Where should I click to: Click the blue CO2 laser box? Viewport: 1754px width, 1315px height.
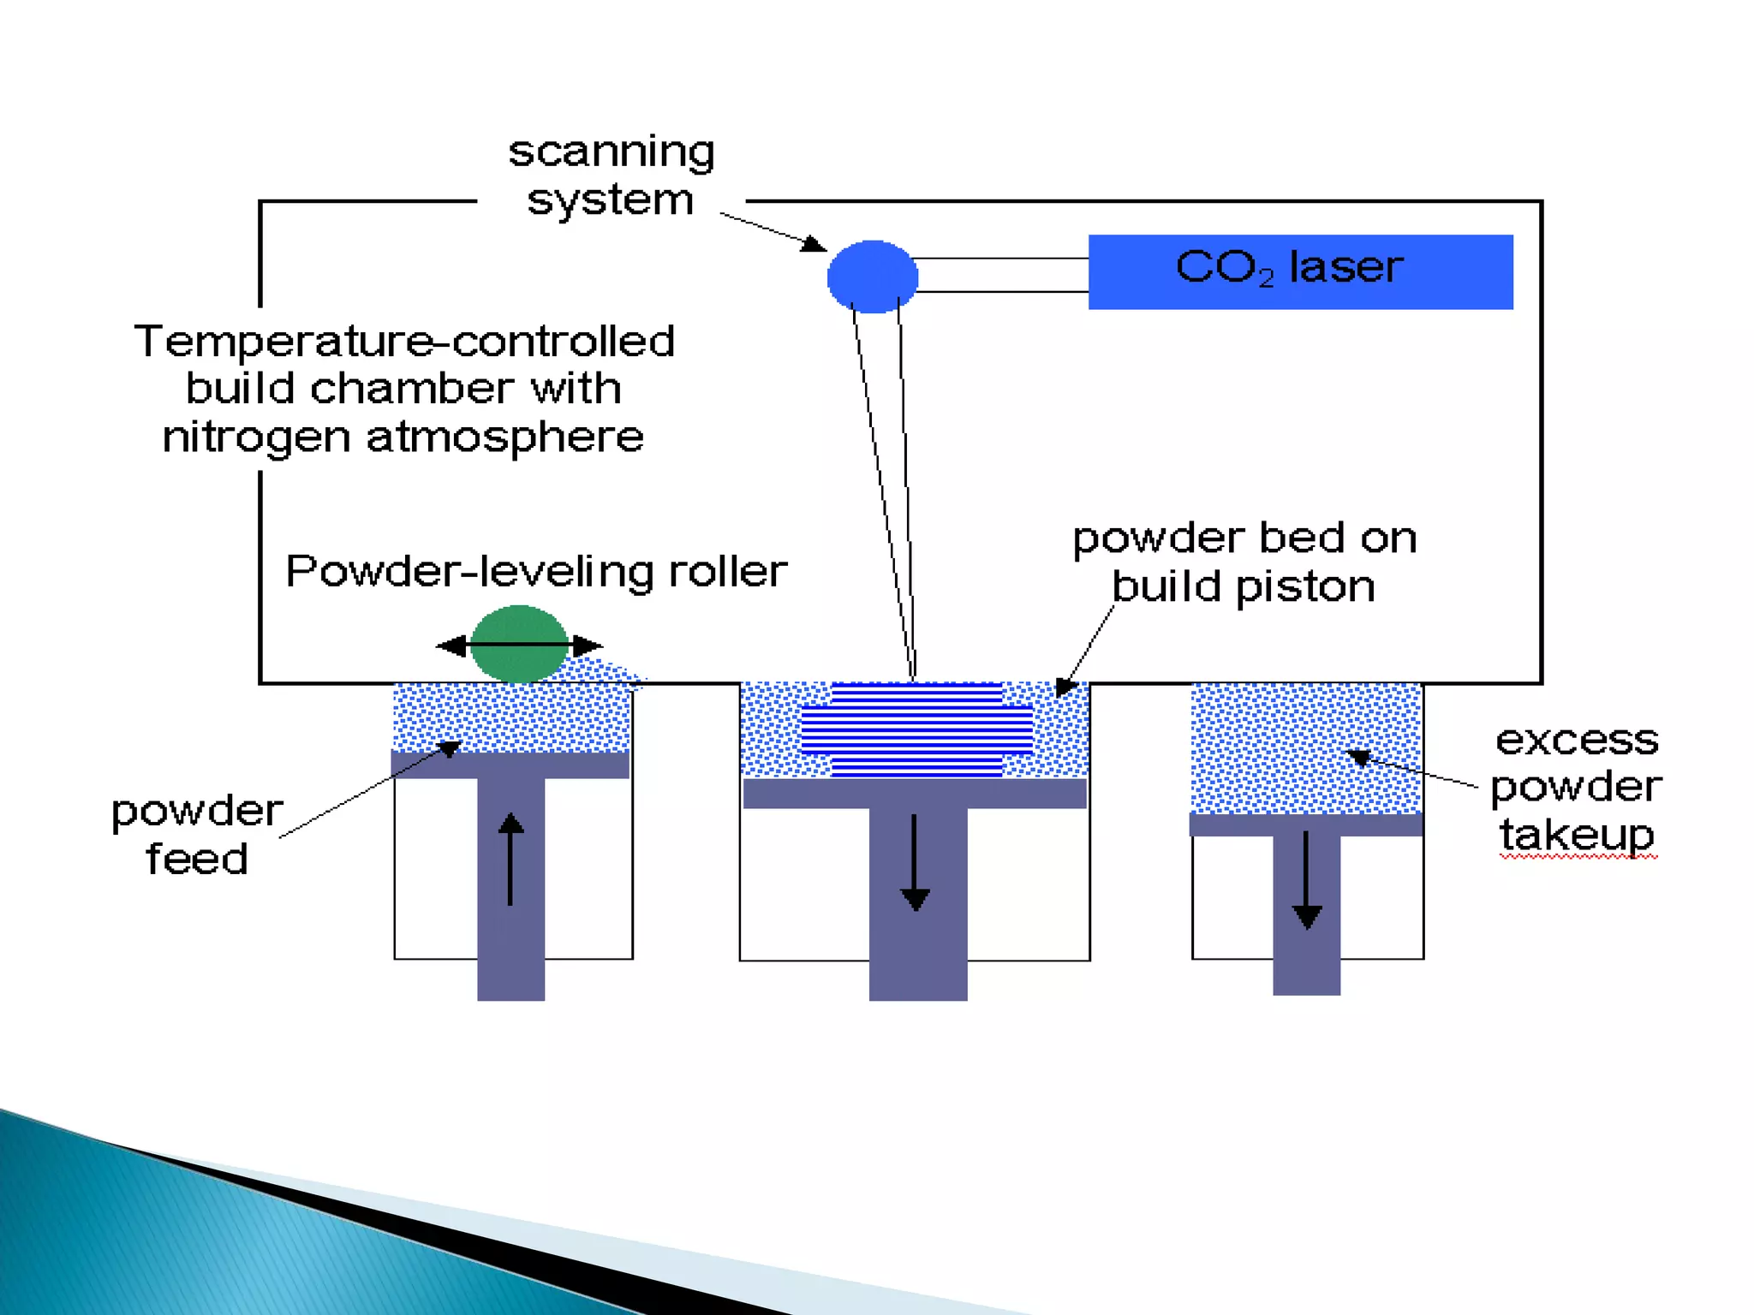pyautogui.click(x=1300, y=271)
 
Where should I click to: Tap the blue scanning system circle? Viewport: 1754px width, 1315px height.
pyautogui.click(x=872, y=277)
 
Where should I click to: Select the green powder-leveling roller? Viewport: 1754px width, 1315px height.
pyautogui.click(x=519, y=644)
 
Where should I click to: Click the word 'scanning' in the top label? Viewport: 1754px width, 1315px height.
pyautogui.click(x=612, y=153)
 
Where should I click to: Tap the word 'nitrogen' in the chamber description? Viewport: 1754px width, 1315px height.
pyautogui.click(x=256, y=437)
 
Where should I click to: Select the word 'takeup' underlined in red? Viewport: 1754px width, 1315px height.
pyautogui.click(x=1576, y=835)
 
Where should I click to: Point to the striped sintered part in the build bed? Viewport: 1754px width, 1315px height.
pyautogui.click(x=916, y=729)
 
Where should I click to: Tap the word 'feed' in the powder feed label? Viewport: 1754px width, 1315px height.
pyautogui.click(x=197, y=859)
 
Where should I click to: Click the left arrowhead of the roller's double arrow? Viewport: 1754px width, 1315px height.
pyautogui.click(x=452, y=646)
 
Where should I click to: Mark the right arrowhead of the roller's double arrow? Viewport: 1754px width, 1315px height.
pyautogui.click(x=587, y=646)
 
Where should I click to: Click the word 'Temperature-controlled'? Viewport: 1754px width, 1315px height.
pyautogui.click(x=404, y=342)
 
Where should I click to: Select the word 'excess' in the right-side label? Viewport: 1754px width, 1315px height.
pyautogui.click(x=1577, y=740)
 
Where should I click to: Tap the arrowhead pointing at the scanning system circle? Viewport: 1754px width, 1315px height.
pyautogui.click(x=814, y=245)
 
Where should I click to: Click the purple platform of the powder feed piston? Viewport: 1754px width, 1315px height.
pyautogui.click(x=510, y=765)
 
